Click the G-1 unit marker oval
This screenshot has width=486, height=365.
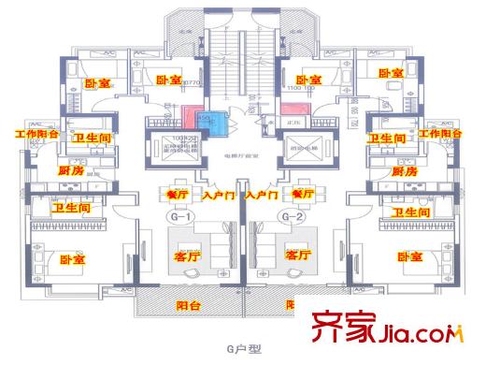180,217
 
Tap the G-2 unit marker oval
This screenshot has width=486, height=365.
293,217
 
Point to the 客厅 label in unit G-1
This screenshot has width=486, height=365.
188,255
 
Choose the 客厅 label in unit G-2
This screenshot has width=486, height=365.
297,255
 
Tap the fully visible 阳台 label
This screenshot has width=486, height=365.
190,305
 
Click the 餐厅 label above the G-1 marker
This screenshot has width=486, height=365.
177,194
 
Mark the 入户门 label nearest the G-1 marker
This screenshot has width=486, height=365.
218,197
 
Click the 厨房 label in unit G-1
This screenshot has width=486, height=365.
70,171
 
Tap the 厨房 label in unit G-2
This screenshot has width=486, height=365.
405,172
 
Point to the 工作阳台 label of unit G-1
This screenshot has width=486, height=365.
36,135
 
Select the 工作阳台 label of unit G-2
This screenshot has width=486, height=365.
441,135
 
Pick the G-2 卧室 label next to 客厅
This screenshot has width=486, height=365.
409,256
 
